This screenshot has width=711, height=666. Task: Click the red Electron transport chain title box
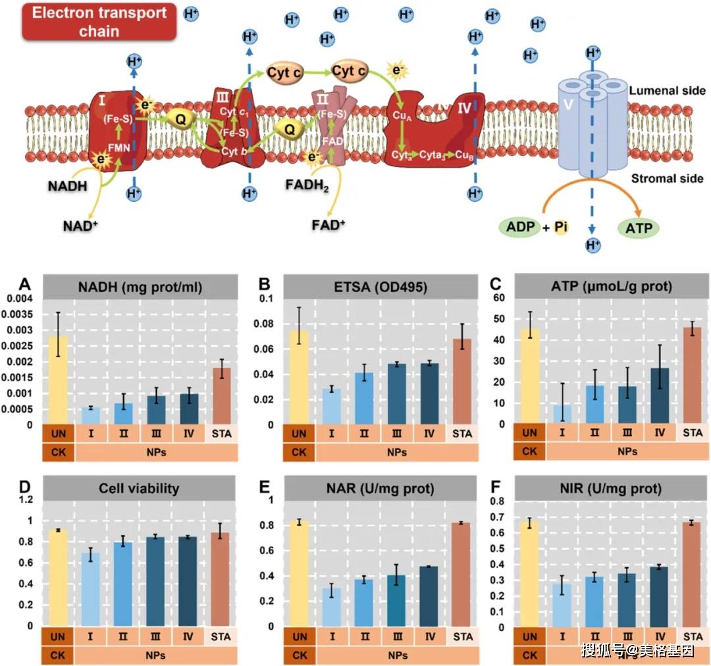click(99, 22)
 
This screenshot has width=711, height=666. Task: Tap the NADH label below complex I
click(68, 186)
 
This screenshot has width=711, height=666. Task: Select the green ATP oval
click(639, 227)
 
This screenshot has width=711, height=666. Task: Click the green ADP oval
click(520, 226)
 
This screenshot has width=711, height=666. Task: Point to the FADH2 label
click(307, 185)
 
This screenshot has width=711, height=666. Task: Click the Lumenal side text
click(667, 91)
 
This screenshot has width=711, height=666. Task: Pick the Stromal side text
click(667, 178)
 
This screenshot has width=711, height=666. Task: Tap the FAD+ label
click(329, 225)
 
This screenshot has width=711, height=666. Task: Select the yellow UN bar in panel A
click(58, 380)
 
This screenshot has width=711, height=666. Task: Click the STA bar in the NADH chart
click(222, 396)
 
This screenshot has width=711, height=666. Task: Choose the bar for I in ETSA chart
click(331, 406)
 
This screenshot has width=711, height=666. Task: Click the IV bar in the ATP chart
click(660, 396)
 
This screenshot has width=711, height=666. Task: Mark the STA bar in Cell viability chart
click(220, 579)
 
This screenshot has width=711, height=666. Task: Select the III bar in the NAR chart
click(396, 601)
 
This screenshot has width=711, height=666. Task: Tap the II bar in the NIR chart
click(594, 602)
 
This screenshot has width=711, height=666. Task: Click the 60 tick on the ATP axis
click(499, 297)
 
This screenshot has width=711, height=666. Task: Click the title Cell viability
click(139, 488)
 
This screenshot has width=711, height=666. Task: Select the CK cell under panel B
click(299, 452)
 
